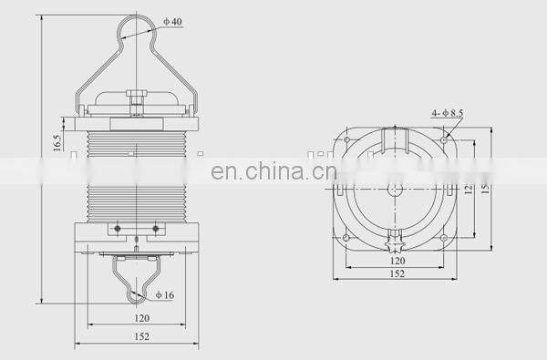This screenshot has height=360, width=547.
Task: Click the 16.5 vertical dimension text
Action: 57,143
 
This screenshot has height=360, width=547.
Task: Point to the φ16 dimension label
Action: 164,294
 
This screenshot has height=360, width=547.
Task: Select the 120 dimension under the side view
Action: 141,320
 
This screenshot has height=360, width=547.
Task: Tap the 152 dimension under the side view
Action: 141,337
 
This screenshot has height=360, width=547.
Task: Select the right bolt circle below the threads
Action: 156,227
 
